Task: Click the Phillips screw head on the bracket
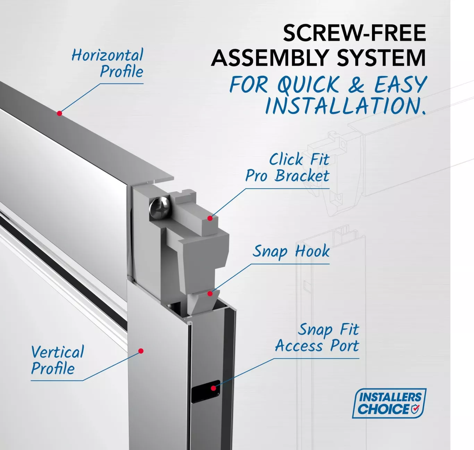click(x=160, y=207)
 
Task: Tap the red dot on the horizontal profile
click(x=59, y=113)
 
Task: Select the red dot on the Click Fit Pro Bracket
click(x=210, y=218)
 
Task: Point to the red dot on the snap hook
click(x=210, y=294)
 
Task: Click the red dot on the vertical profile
click(x=141, y=351)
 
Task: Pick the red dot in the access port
click(x=213, y=388)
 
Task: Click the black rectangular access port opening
click(x=206, y=391)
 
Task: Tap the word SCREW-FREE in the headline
click(x=354, y=33)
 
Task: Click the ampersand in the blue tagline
click(x=356, y=84)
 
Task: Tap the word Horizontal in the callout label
click(x=108, y=55)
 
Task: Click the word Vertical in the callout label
click(x=58, y=352)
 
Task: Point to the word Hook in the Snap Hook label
click(x=312, y=251)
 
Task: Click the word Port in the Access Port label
click(x=345, y=346)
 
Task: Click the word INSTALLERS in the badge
click(x=390, y=397)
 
